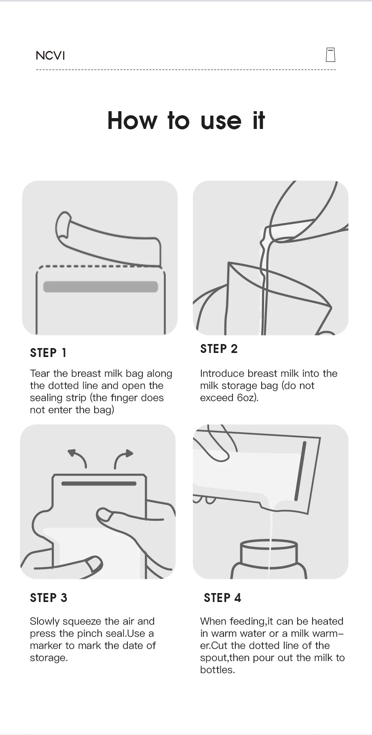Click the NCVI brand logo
pyautogui.click(x=50, y=55)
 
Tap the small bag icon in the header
pyautogui.click(x=330, y=55)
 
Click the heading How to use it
pyautogui.click(x=186, y=120)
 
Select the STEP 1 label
pyautogui.click(x=48, y=353)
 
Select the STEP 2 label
pyautogui.click(x=219, y=349)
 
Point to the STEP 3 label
pyautogui.click(x=49, y=598)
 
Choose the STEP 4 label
pyautogui.click(x=222, y=598)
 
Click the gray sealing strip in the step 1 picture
pyautogui.click(x=100, y=287)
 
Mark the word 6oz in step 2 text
pyautogui.click(x=247, y=398)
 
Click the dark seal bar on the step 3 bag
pyautogui.click(x=99, y=484)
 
